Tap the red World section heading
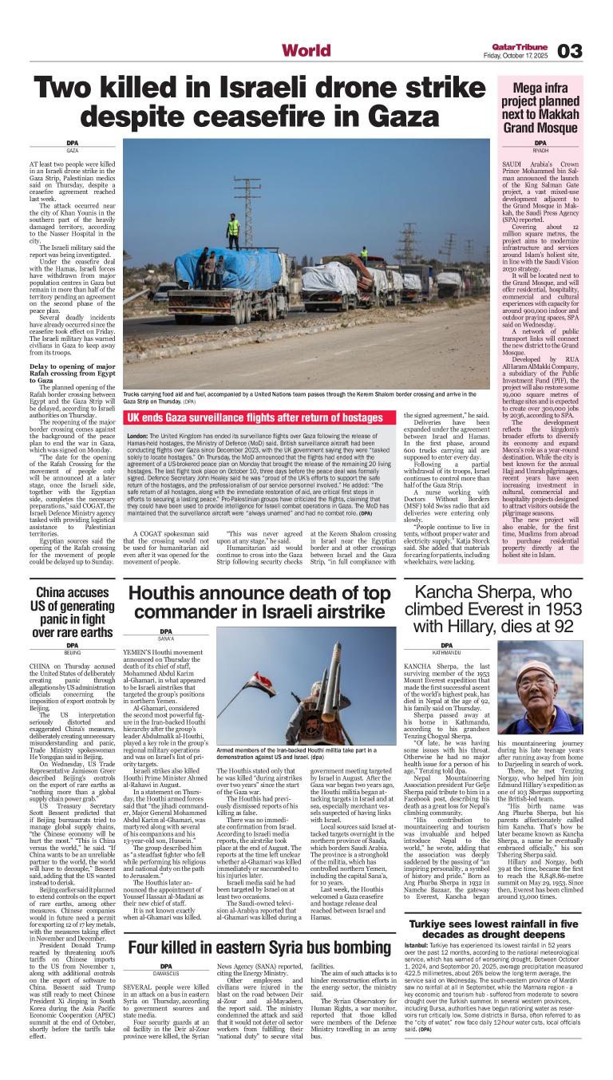[x=306, y=51]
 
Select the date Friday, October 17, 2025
[x=517, y=55]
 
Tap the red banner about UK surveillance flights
[x=255, y=417]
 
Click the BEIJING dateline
[x=73, y=652]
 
